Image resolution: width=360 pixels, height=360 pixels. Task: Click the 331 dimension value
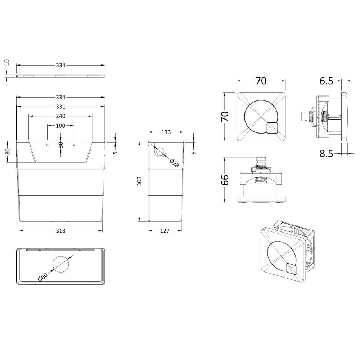click(x=60, y=107)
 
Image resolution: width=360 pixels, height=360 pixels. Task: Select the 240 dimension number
click(x=60, y=116)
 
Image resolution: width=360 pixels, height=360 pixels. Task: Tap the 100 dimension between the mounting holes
click(x=60, y=126)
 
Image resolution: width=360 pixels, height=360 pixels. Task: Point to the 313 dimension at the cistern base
click(x=60, y=231)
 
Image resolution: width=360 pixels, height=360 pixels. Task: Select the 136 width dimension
click(x=166, y=132)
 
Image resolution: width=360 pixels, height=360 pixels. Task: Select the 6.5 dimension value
click(x=326, y=81)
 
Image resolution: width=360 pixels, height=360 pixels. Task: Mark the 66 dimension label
click(x=224, y=179)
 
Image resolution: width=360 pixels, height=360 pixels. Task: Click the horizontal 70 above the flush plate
click(x=261, y=81)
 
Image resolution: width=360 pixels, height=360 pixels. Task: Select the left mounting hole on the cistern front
click(x=47, y=144)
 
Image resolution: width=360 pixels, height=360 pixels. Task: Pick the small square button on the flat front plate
click(x=272, y=128)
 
